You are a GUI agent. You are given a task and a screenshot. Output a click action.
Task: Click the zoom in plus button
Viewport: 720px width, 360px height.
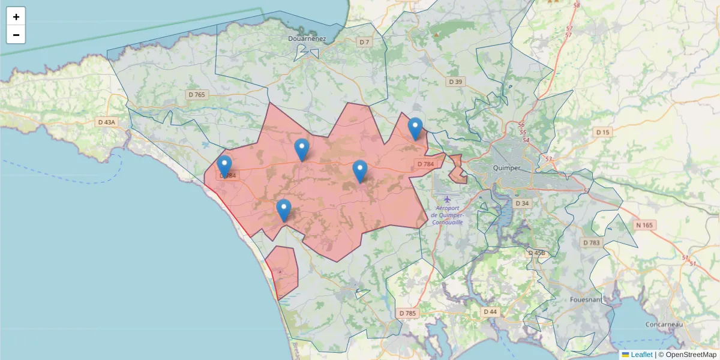[16, 17]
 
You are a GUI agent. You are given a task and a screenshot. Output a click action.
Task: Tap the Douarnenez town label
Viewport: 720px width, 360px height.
[306, 38]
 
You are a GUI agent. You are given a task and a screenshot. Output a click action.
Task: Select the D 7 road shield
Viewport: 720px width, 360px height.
[364, 42]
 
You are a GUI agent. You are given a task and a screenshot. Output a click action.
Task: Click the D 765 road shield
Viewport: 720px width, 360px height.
[196, 94]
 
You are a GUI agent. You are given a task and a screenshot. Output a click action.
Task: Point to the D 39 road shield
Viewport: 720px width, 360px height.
[456, 82]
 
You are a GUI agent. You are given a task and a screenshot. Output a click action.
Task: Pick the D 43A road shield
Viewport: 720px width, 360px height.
[106, 122]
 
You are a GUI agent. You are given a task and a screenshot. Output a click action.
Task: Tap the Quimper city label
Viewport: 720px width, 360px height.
[506, 168]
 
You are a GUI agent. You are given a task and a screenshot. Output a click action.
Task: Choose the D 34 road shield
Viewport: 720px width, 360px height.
[522, 203]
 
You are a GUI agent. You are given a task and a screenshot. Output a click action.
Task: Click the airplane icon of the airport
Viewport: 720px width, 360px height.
[447, 199]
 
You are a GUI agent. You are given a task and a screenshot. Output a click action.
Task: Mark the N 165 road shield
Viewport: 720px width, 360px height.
[643, 225]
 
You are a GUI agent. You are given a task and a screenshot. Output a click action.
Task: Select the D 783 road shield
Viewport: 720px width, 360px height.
[591, 242]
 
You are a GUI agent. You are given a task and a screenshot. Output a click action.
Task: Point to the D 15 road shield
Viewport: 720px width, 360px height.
[602, 132]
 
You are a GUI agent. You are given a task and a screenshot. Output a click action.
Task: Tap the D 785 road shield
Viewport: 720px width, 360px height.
[407, 313]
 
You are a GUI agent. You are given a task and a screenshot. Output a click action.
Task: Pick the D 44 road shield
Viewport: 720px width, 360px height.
[490, 311]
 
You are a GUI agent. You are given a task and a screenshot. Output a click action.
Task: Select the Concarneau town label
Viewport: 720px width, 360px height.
[664, 324]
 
